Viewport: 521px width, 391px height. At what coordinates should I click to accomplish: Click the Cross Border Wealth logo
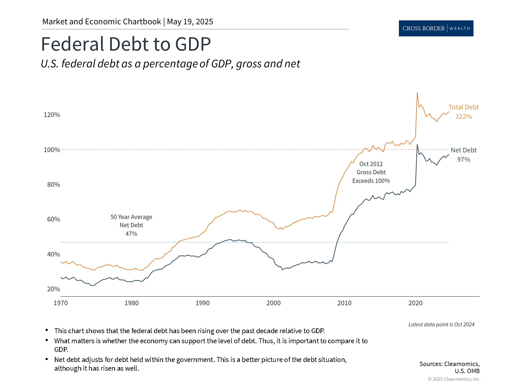click(436, 28)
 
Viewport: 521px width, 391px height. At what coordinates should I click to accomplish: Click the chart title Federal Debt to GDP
click(126, 44)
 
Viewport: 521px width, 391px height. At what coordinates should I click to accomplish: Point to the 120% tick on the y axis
click(52, 115)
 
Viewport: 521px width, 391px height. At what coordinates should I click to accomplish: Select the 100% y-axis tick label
click(52, 150)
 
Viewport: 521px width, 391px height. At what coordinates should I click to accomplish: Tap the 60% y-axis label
click(53, 219)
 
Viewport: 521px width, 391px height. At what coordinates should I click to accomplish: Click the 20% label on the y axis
click(53, 289)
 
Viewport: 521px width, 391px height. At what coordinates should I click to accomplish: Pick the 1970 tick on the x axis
click(61, 303)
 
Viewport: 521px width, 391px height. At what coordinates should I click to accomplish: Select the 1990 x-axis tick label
click(202, 303)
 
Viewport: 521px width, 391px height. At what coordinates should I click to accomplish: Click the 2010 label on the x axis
click(344, 303)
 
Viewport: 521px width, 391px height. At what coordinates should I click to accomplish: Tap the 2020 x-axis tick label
click(415, 303)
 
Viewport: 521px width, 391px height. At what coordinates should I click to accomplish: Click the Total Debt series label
click(463, 107)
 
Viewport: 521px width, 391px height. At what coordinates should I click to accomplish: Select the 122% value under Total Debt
click(463, 117)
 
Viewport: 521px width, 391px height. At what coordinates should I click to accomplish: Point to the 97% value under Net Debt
click(463, 160)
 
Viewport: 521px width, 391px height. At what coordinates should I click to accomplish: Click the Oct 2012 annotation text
click(371, 164)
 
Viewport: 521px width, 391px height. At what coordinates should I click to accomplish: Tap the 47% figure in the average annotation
click(131, 234)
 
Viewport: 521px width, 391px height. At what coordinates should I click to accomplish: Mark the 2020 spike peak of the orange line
click(417, 93)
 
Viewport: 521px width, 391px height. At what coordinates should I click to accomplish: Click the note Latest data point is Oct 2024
click(441, 324)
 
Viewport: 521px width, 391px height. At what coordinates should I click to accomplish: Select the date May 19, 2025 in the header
click(190, 22)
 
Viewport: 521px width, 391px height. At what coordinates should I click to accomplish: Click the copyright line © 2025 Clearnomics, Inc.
click(454, 379)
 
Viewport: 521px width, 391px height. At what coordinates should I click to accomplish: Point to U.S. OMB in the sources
click(467, 371)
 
